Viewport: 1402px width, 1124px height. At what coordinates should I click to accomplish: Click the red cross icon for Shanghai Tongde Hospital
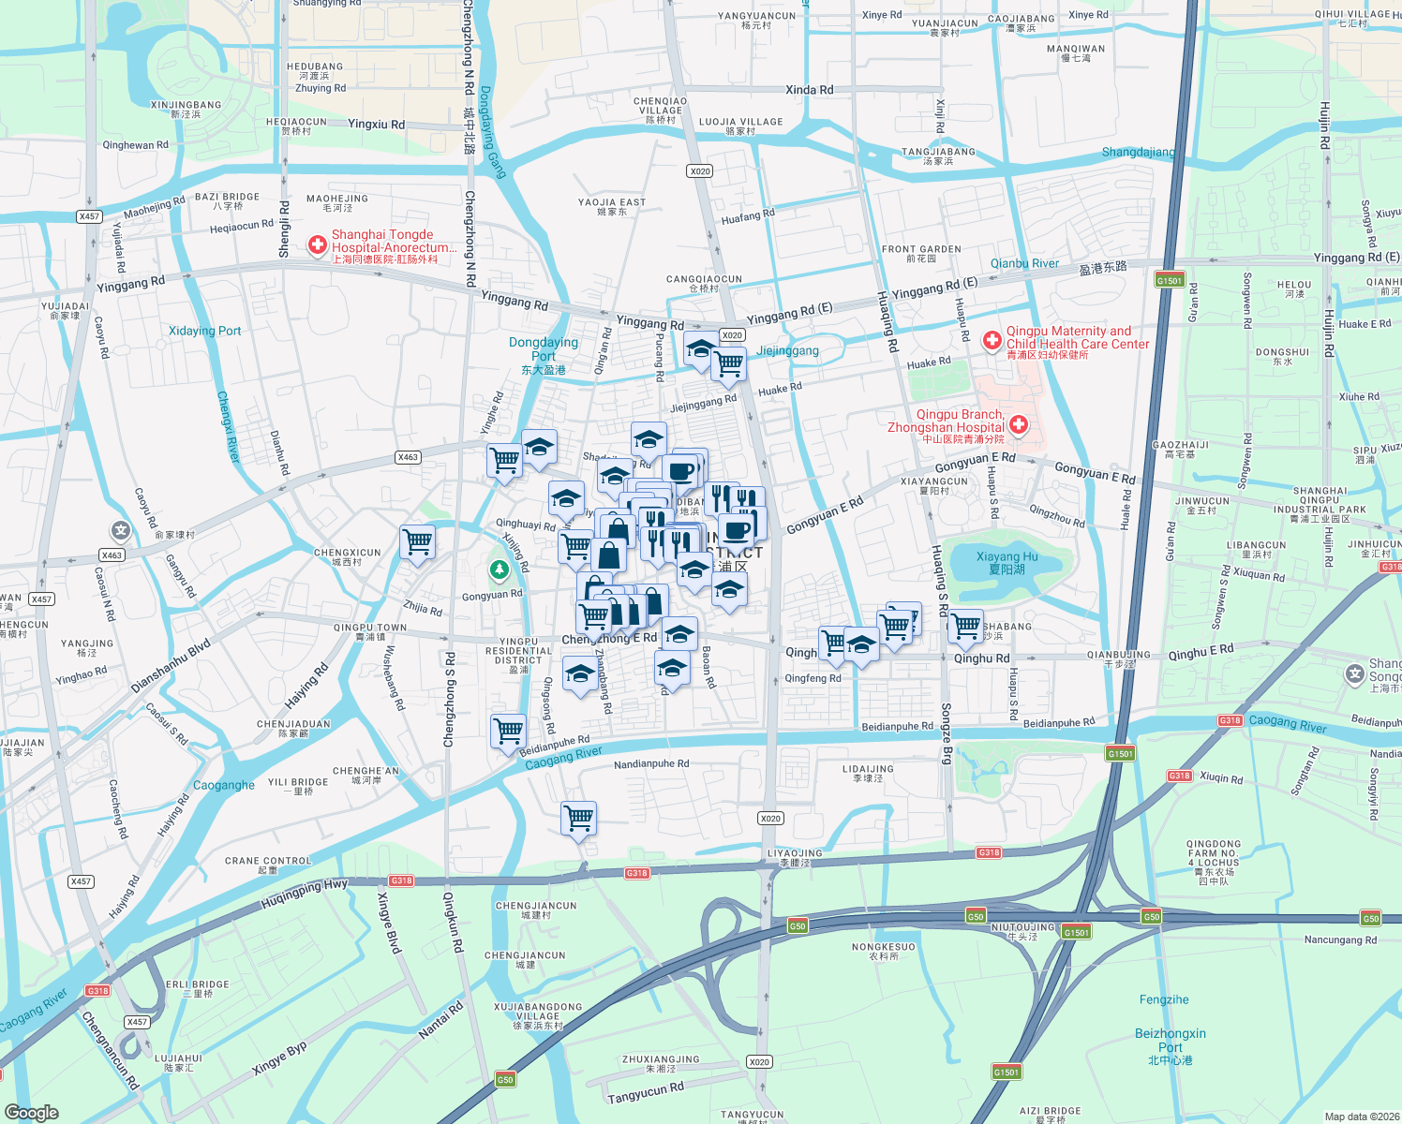318,245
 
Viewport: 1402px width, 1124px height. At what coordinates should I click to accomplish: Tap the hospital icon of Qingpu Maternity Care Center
992,341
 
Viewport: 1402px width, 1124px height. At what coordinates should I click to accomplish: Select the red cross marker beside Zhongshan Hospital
1018,425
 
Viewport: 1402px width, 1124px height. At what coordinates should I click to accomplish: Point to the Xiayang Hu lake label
1007,562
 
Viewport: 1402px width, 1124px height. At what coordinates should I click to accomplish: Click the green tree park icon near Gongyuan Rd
499,569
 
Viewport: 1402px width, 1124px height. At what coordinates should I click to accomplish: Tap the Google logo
32,1112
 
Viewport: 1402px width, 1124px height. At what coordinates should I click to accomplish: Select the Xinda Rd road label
809,90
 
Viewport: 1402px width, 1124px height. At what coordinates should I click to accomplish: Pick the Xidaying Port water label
204,331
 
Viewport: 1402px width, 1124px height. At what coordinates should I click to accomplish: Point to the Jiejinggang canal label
787,350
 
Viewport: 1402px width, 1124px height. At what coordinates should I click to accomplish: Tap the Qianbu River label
1024,263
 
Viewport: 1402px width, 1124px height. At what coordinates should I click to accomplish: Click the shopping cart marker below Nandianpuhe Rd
579,819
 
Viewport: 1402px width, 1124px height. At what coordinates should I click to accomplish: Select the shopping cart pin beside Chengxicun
417,542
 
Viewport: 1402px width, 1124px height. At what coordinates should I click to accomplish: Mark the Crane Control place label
268,864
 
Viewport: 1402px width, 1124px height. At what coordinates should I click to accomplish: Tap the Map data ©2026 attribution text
1361,1116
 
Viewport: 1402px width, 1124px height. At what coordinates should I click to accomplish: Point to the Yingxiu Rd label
376,124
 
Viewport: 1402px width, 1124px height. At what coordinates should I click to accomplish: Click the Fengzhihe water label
1164,999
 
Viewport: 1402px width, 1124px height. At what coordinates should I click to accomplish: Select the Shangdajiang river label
1138,152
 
